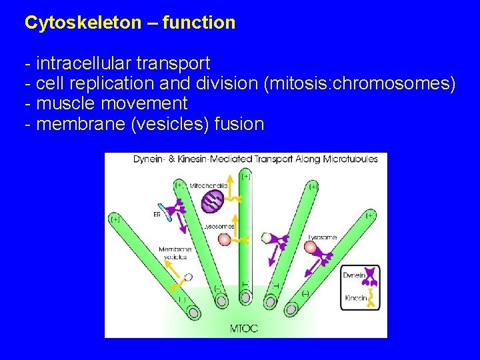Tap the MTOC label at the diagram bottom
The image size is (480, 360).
(x=244, y=329)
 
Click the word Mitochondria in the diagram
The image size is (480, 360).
(x=209, y=185)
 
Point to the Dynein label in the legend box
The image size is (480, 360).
(x=353, y=275)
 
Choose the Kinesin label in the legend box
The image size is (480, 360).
(x=355, y=298)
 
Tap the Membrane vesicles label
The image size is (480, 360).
(x=175, y=253)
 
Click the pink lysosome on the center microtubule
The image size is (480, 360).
(x=225, y=239)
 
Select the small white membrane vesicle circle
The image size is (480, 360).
(x=189, y=277)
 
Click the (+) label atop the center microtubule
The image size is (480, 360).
(x=247, y=176)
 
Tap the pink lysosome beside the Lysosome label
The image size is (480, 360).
(x=310, y=248)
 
